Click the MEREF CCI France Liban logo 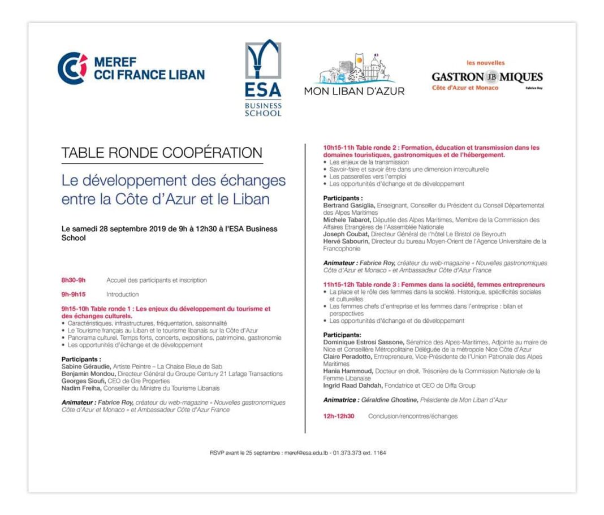coord(131,68)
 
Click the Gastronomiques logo coord(487,77)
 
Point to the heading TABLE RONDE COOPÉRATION coord(162,153)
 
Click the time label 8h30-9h coord(74,280)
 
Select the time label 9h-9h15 coord(74,295)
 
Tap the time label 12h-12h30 coord(339,416)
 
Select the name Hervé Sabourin coord(346,241)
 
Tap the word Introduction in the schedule coord(123,295)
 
